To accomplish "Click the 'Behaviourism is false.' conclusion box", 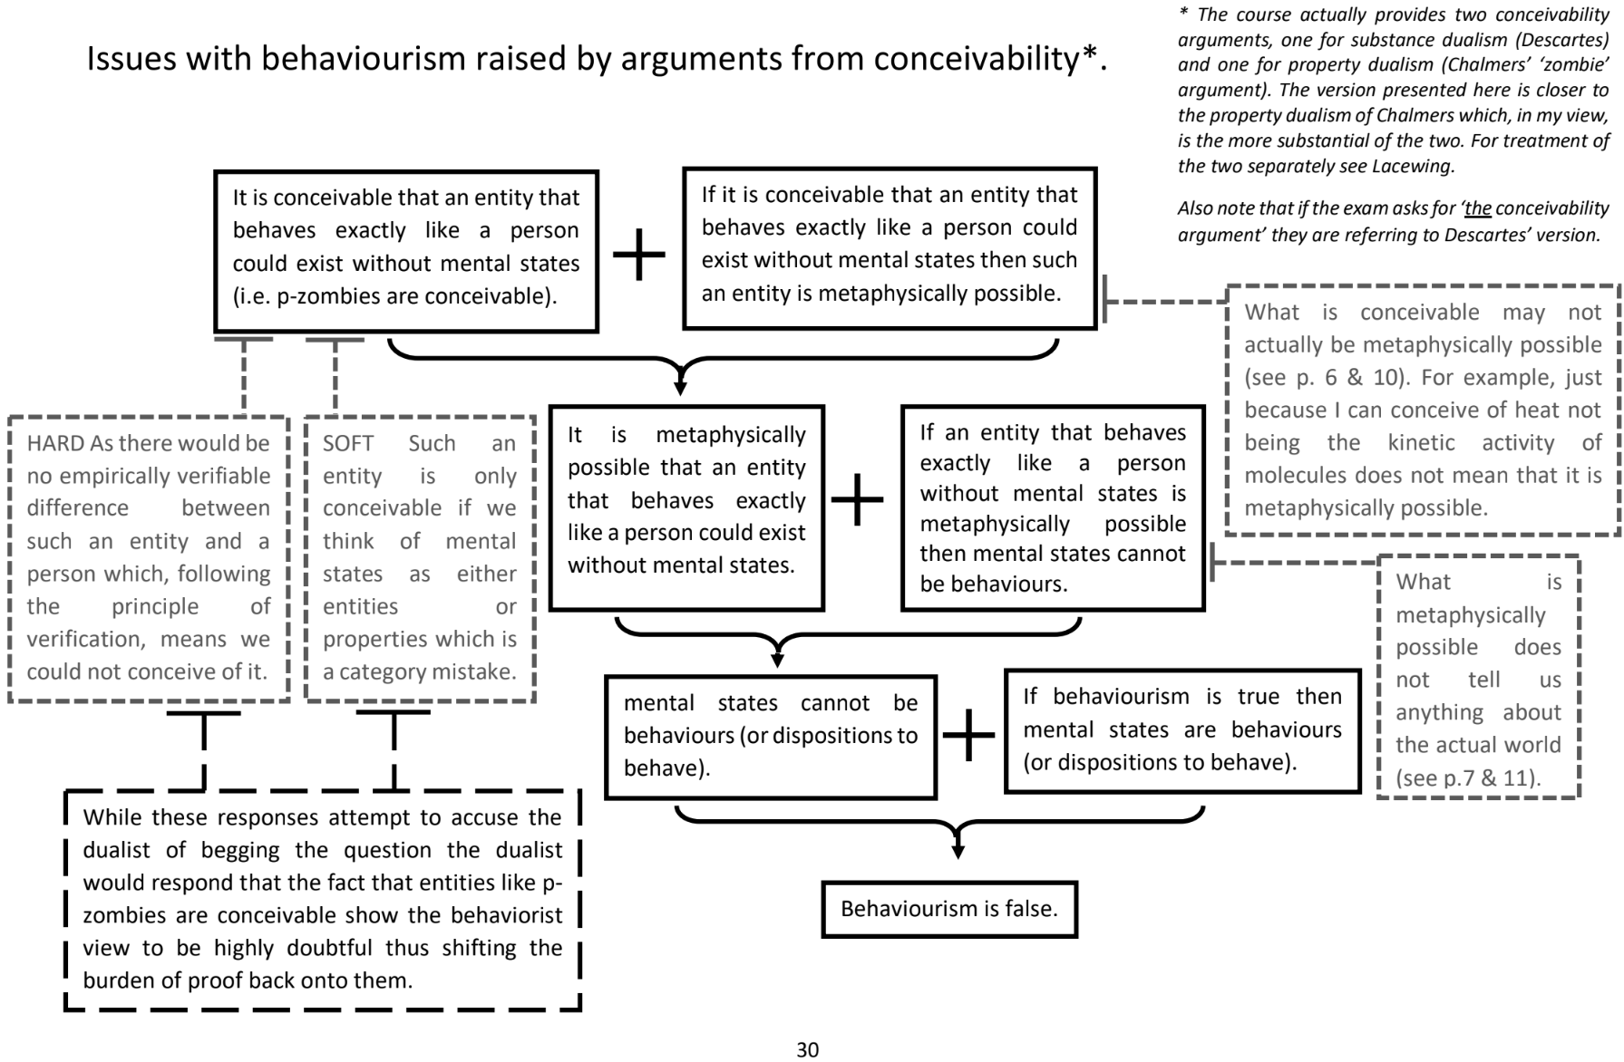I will click(948, 909).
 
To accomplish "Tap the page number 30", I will click(807, 1049).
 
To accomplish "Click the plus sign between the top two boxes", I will click(639, 253).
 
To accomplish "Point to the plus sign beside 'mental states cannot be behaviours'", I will click(969, 734).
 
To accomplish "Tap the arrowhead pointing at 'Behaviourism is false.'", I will click(958, 851).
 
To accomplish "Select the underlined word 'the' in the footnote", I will click(1477, 208).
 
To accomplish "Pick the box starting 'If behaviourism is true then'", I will click(1182, 729).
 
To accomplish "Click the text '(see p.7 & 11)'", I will click(1468, 777).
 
